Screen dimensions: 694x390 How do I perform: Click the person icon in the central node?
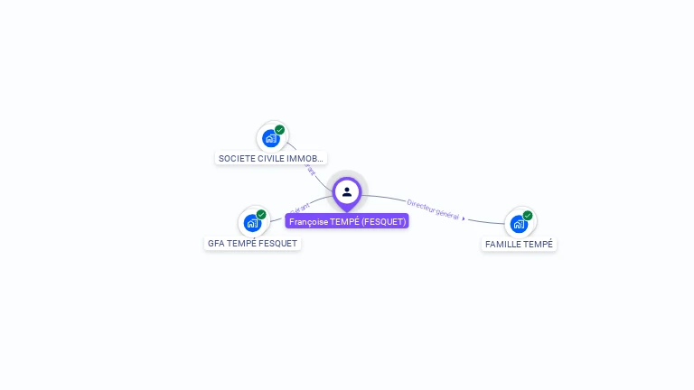(x=347, y=191)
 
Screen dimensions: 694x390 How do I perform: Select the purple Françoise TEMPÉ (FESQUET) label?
(x=348, y=221)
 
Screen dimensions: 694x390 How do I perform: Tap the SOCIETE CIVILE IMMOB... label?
(x=271, y=158)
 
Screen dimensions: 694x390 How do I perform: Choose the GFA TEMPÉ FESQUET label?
(x=252, y=244)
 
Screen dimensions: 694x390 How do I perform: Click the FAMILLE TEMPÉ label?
(x=519, y=245)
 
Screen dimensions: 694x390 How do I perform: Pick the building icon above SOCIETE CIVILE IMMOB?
(x=270, y=138)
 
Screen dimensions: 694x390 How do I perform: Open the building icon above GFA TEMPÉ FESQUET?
(x=252, y=223)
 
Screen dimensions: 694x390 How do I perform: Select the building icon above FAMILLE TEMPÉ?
(x=518, y=224)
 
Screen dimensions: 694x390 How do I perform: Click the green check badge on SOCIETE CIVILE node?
(x=280, y=130)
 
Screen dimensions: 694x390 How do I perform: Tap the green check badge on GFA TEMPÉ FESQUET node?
(x=261, y=214)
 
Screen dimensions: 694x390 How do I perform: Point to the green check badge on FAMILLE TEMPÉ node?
(x=528, y=216)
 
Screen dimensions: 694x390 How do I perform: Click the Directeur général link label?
(x=433, y=209)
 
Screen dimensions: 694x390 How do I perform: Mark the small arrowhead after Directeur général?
(x=464, y=218)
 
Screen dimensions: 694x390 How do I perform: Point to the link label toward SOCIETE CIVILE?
(x=310, y=168)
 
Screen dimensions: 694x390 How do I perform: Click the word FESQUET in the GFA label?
(x=277, y=244)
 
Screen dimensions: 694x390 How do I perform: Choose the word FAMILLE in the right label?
(x=503, y=245)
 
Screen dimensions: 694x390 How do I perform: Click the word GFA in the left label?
(x=216, y=244)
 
